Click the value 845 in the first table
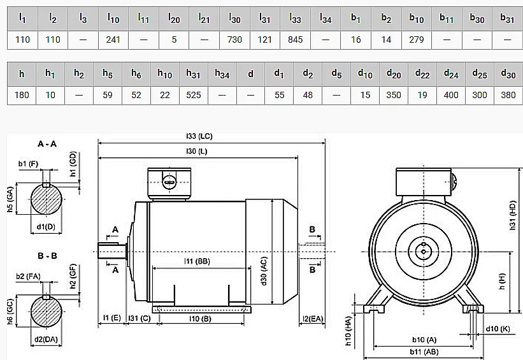pyautogui.click(x=295, y=40)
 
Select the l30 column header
pyautogui.click(x=234, y=18)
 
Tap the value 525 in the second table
pyautogui.click(x=194, y=95)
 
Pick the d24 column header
pyautogui.click(x=451, y=74)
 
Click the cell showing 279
pyautogui.click(x=416, y=40)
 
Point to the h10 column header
pyautogui.click(x=165, y=74)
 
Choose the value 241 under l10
pyautogui.click(x=113, y=40)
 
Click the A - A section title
pyautogui.click(x=47, y=144)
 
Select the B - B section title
pyautogui.click(x=47, y=256)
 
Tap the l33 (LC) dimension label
pyautogui.click(x=199, y=136)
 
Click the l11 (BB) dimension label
pyautogui.click(x=197, y=261)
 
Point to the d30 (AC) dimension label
pyautogui.click(x=264, y=271)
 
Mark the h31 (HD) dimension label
pyautogui.click(x=513, y=215)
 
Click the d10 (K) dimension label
pyautogui.click(x=498, y=329)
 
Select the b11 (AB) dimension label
pyautogui.click(x=424, y=352)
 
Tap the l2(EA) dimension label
pyautogui.click(x=313, y=319)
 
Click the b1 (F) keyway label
pyautogui.click(x=28, y=164)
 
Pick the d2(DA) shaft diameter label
pyautogui.click(x=46, y=340)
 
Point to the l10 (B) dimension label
pyautogui.click(x=200, y=319)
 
